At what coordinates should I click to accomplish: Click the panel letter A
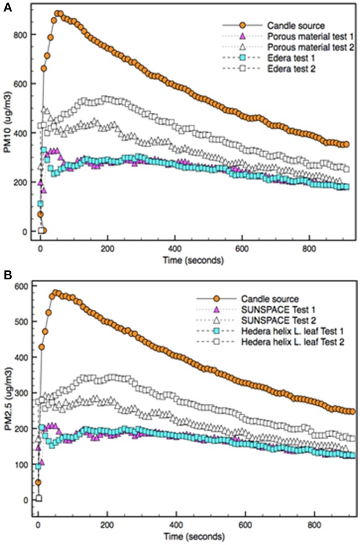pos(7,7)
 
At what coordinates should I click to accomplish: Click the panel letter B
pos(7,275)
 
